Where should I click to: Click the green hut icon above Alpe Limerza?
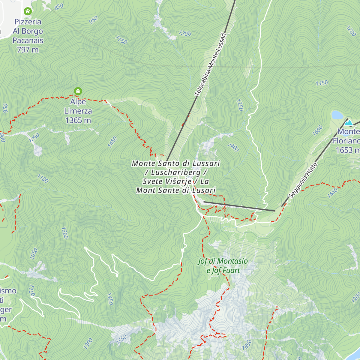pyautogui.click(x=78, y=91)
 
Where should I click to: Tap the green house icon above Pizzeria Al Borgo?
pyautogui.click(x=28, y=12)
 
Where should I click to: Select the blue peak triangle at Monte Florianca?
pyautogui.click(x=348, y=122)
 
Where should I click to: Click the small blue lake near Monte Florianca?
pyautogui.click(x=337, y=115)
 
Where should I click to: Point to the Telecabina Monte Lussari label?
pyautogui.click(x=210, y=64)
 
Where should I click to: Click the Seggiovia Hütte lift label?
pyautogui.click(x=303, y=180)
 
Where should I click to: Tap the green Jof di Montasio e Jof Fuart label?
pyautogui.click(x=223, y=266)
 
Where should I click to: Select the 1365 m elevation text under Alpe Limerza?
pyautogui.click(x=78, y=120)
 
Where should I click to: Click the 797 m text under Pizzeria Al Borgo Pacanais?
pyautogui.click(x=28, y=50)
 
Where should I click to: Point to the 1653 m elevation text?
pyautogui.click(x=347, y=150)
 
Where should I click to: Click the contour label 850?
pyautogui.click(x=59, y=6)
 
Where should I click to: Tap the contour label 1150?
pyautogui.click(x=121, y=40)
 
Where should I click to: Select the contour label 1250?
pyautogui.click(x=239, y=105)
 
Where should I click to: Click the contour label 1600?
pyautogui.click(x=317, y=130)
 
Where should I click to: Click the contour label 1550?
pyautogui.click(x=121, y=339)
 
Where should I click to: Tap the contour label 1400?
pyautogui.click(x=233, y=147)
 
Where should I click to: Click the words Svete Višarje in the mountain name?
pyautogui.click(x=167, y=181)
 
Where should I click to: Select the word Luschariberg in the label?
pyautogui.click(x=175, y=172)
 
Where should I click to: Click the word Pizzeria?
pyautogui.click(x=28, y=22)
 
